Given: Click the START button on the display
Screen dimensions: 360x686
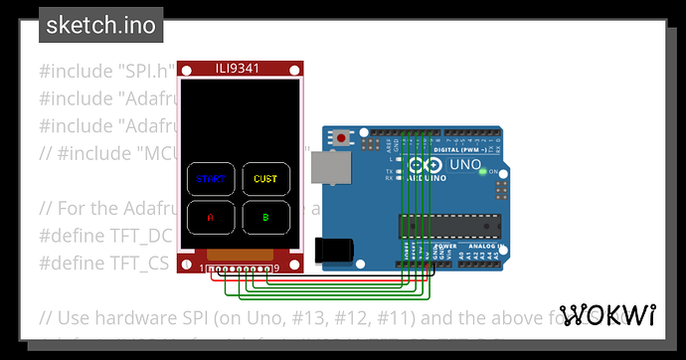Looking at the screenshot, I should coord(210,179).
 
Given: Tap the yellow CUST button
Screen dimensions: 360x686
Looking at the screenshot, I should coord(265,179).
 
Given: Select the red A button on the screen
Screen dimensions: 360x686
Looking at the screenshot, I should coord(210,216).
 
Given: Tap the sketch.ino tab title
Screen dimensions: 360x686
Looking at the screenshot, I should coord(99,25).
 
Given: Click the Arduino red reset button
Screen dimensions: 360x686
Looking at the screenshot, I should coord(342,138).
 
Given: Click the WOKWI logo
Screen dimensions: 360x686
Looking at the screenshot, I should coord(607,315).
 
